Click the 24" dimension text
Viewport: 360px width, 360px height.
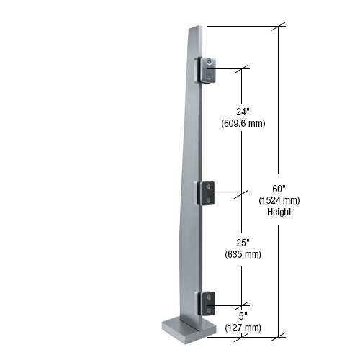(x=243, y=112)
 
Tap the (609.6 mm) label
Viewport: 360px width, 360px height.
(x=243, y=123)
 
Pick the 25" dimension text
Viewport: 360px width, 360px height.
(x=243, y=243)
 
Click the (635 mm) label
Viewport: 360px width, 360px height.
(x=243, y=254)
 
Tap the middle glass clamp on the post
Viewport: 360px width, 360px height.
(x=205, y=192)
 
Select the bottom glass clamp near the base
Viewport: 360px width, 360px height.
(x=206, y=302)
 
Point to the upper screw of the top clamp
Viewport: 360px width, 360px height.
(x=209, y=62)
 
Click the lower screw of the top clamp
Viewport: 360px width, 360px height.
(x=209, y=75)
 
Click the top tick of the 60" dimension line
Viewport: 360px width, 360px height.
(x=279, y=27)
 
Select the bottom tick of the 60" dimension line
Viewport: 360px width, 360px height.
(x=279, y=335)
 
